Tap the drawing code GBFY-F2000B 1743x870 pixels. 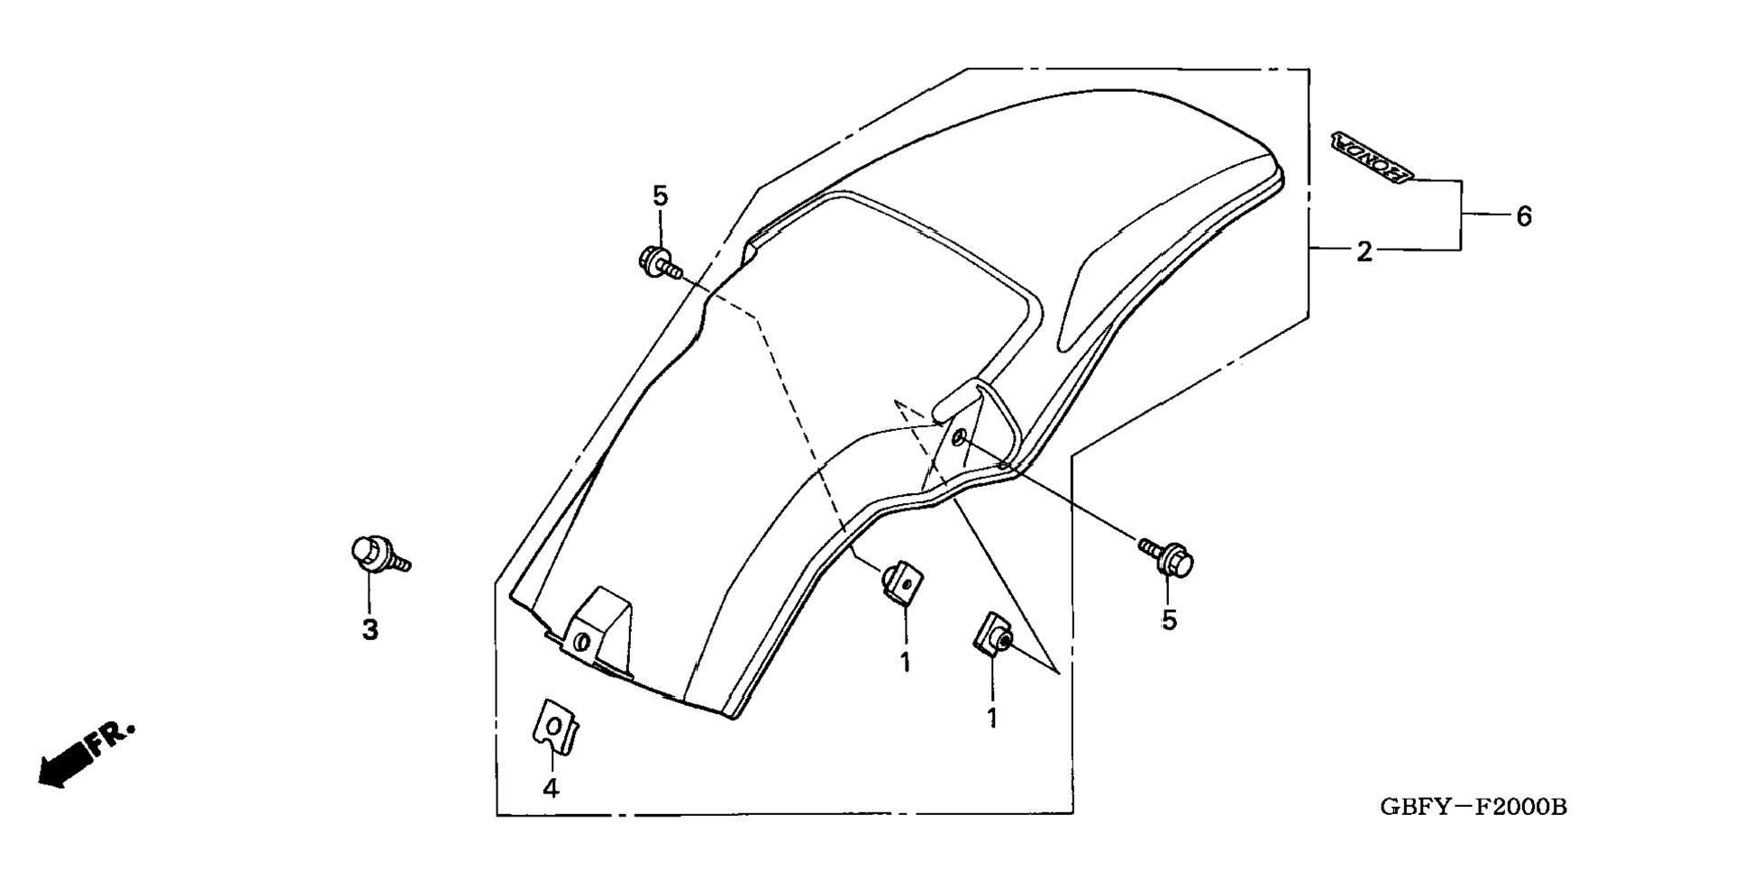point(1473,807)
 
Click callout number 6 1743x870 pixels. point(1523,216)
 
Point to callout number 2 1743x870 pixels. point(1364,252)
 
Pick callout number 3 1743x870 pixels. point(370,630)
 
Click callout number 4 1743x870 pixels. point(551,788)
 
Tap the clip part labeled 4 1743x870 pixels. point(555,726)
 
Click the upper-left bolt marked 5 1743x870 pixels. point(656,261)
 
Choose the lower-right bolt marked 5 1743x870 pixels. point(1169,558)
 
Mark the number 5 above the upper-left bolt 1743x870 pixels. point(661,196)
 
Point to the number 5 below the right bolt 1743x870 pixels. point(1169,620)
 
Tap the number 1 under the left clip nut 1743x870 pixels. point(905,664)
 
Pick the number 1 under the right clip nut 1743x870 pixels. point(992,719)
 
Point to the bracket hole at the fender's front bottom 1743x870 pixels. point(581,643)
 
